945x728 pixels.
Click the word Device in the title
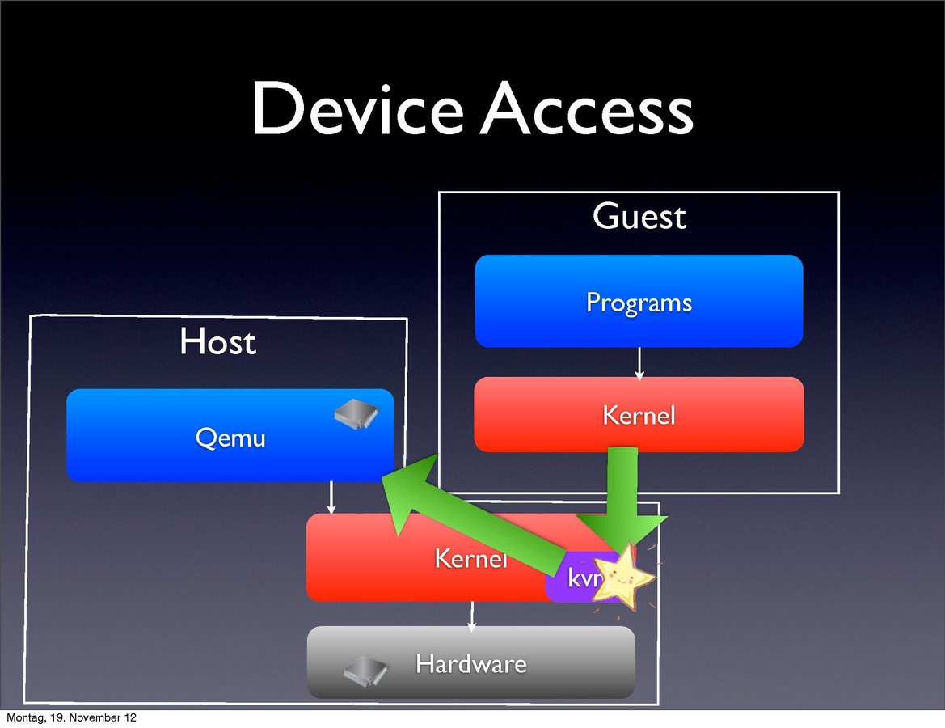(x=356, y=110)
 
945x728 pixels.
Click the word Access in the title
(x=587, y=110)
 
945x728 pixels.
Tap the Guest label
(x=639, y=217)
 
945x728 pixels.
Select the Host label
(x=217, y=341)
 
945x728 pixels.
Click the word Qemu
(x=230, y=438)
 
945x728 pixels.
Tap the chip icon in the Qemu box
(x=356, y=413)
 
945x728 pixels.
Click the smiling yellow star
(x=621, y=575)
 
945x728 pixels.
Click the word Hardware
(x=470, y=664)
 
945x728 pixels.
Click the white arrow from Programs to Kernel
(x=639, y=363)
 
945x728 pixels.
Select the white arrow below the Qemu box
(x=331, y=497)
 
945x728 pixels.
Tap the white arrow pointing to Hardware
(x=472, y=616)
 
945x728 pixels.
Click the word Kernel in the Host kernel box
(x=470, y=558)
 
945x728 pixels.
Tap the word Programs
(x=639, y=303)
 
